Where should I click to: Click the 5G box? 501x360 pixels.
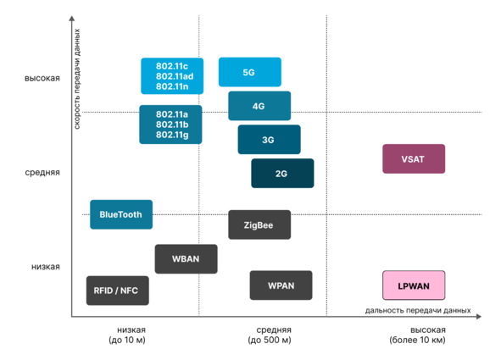(250, 72)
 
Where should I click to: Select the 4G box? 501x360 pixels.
(259, 106)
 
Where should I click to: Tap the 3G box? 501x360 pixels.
(269, 140)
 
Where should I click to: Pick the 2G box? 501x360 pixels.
(282, 174)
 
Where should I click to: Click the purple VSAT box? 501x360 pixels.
(414, 159)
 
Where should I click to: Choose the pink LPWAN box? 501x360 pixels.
(414, 285)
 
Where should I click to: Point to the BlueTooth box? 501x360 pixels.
(121, 214)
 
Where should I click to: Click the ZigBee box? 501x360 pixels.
(259, 224)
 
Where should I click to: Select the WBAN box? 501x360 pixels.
(186, 259)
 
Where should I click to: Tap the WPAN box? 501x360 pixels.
(281, 285)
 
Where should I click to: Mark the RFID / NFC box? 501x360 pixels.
(118, 291)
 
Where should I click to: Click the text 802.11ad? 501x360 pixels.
(175, 76)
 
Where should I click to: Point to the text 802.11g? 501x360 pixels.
(172, 135)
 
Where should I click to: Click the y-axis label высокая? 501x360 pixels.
(42, 79)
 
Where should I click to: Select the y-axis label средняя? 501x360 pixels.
(42, 173)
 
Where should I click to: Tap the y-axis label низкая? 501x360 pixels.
(46, 267)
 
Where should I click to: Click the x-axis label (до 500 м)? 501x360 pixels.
(270, 341)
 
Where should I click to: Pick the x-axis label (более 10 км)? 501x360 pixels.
(417, 341)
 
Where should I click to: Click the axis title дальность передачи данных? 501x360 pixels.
(418, 311)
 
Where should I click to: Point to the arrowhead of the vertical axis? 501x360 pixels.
(72, 18)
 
